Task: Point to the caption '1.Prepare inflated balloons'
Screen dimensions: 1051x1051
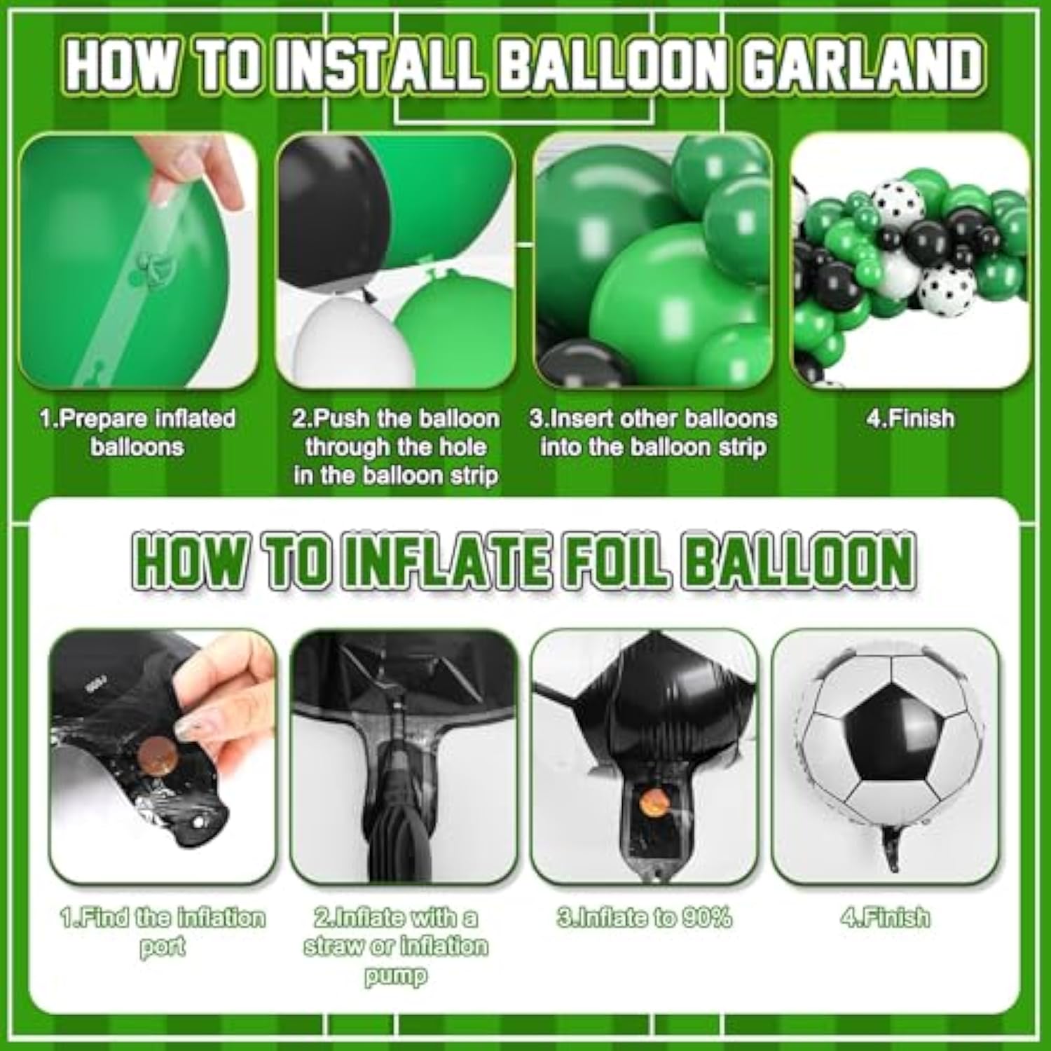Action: coord(137,432)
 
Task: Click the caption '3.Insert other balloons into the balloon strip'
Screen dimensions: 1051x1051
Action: coord(653,432)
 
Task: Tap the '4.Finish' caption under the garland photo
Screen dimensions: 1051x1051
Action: coord(910,418)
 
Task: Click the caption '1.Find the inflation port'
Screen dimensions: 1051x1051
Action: coord(162,931)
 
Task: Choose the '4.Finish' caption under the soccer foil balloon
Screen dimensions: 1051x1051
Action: coord(886,917)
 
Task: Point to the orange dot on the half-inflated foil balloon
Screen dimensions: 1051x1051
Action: coord(654,798)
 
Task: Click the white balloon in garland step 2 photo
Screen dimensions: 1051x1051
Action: coord(343,343)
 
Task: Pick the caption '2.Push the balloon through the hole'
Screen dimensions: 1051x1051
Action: coord(396,446)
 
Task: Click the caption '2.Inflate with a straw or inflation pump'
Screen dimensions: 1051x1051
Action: coord(395,946)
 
